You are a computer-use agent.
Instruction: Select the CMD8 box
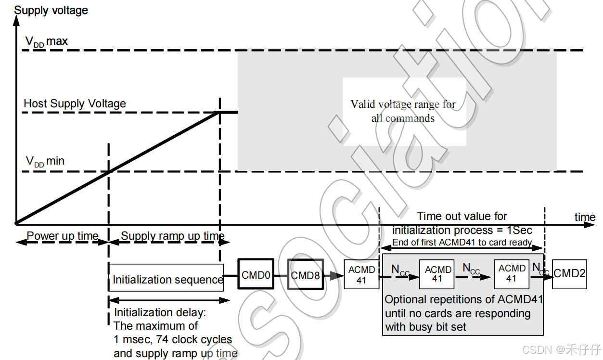[x=306, y=275]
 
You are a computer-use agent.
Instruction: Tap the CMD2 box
[x=569, y=273]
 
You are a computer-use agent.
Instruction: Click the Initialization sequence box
[x=167, y=279]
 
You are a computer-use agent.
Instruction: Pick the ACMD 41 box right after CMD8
[x=361, y=274]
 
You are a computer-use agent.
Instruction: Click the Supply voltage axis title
[x=51, y=10]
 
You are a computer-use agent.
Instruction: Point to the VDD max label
[x=47, y=42]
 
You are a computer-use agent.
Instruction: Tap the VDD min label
[x=45, y=161]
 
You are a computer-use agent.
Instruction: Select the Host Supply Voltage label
[x=75, y=103]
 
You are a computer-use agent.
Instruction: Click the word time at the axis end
[x=585, y=217]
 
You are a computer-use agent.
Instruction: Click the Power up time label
[x=63, y=236]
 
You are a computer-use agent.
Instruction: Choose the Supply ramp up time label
[x=173, y=236]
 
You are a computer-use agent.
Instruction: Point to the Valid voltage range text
[x=403, y=111]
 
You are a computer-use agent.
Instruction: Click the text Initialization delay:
[x=160, y=312]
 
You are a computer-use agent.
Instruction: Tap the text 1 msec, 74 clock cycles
[x=173, y=339]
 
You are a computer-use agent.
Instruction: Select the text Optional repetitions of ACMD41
[x=463, y=299]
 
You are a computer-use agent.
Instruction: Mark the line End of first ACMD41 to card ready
[x=462, y=243]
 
